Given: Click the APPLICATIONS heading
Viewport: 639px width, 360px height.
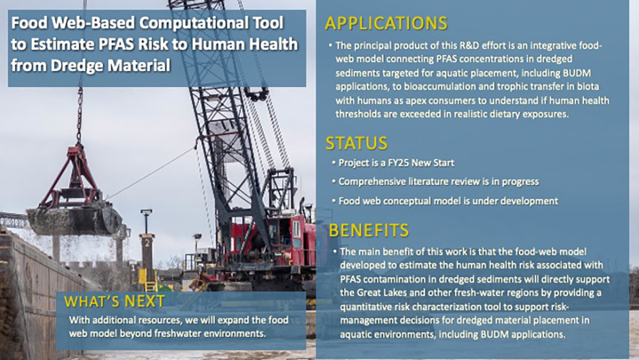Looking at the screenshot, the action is (x=386, y=24).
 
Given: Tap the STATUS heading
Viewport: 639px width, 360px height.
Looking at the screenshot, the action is (x=356, y=143).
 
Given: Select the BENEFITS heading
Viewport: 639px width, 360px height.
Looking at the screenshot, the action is (x=369, y=230).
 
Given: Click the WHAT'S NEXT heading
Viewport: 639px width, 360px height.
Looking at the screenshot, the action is (x=114, y=301).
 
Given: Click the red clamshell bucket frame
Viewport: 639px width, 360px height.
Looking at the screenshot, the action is (x=73, y=180).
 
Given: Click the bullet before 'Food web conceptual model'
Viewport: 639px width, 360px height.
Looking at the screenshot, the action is (x=334, y=201).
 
